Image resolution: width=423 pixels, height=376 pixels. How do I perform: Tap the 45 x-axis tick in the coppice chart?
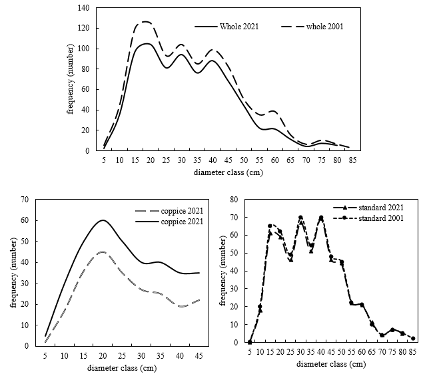coord(199,355)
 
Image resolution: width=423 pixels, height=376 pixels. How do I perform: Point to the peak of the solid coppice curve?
coord(103,220)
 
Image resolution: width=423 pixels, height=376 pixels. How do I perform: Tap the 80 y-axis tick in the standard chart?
coord(234,199)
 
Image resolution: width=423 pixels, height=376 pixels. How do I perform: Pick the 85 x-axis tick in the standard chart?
coord(412,352)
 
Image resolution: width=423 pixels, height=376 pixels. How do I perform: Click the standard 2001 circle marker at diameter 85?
coord(412,339)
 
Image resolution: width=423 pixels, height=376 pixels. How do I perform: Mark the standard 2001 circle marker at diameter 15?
coord(270,226)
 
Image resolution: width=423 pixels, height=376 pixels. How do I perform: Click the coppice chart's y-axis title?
coord(13,273)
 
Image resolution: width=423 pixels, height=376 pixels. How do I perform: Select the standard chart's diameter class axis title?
coord(331,364)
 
